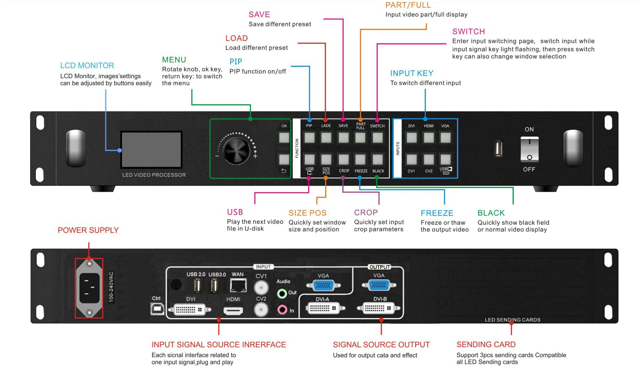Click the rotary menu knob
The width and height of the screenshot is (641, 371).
(236, 151)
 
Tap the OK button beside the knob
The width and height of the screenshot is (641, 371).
(284, 138)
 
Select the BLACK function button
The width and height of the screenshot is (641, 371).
(378, 159)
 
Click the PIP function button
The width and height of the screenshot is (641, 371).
(309, 138)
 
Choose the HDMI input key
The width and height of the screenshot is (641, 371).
(429, 138)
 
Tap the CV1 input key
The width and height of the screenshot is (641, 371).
(412, 159)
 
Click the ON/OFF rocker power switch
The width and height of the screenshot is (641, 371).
(529, 149)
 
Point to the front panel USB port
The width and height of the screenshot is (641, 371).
(499, 148)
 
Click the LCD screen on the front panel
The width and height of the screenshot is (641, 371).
(151, 150)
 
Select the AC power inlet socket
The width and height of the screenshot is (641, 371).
(89, 288)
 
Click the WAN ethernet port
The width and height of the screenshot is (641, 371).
(238, 286)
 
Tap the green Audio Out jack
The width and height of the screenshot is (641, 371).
(282, 293)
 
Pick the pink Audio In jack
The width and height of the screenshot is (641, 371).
(282, 310)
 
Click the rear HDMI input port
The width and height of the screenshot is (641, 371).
(233, 311)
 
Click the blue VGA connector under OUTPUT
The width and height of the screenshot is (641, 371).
(379, 285)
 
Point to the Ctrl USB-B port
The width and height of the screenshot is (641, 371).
(157, 309)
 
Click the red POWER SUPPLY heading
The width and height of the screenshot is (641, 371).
(88, 231)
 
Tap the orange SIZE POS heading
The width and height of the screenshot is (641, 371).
(307, 213)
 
